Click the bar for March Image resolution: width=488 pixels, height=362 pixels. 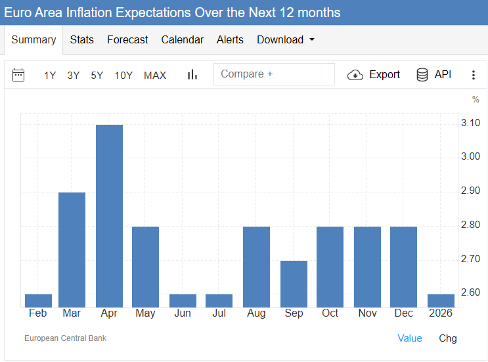[x=72, y=250]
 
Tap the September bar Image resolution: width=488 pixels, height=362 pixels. [x=294, y=284]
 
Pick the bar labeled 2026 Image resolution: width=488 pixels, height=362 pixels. [x=441, y=300]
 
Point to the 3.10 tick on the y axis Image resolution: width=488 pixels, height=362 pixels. [x=470, y=123]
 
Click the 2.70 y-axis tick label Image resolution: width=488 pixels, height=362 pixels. [x=470, y=259]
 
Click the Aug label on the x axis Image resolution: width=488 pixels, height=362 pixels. [x=256, y=313]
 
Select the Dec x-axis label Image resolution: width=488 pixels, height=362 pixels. [x=403, y=313]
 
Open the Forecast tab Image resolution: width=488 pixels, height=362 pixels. [x=127, y=40]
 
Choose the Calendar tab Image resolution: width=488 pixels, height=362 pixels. [x=182, y=40]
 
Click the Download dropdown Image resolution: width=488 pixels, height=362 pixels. [x=285, y=40]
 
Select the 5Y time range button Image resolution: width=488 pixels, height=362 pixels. [x=97, y=76]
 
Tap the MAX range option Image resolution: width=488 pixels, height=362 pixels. [x=155, y=76]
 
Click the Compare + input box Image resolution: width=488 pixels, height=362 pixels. [x=274, y=74]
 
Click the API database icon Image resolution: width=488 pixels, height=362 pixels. [x=422, y=75]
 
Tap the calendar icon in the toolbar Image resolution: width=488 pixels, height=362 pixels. [x=18, y=75]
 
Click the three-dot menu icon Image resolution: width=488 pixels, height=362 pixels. [x=473, y=75]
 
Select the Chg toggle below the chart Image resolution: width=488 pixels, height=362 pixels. [x=448, y=338]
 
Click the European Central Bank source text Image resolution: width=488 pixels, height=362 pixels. [x=65, y=338]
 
